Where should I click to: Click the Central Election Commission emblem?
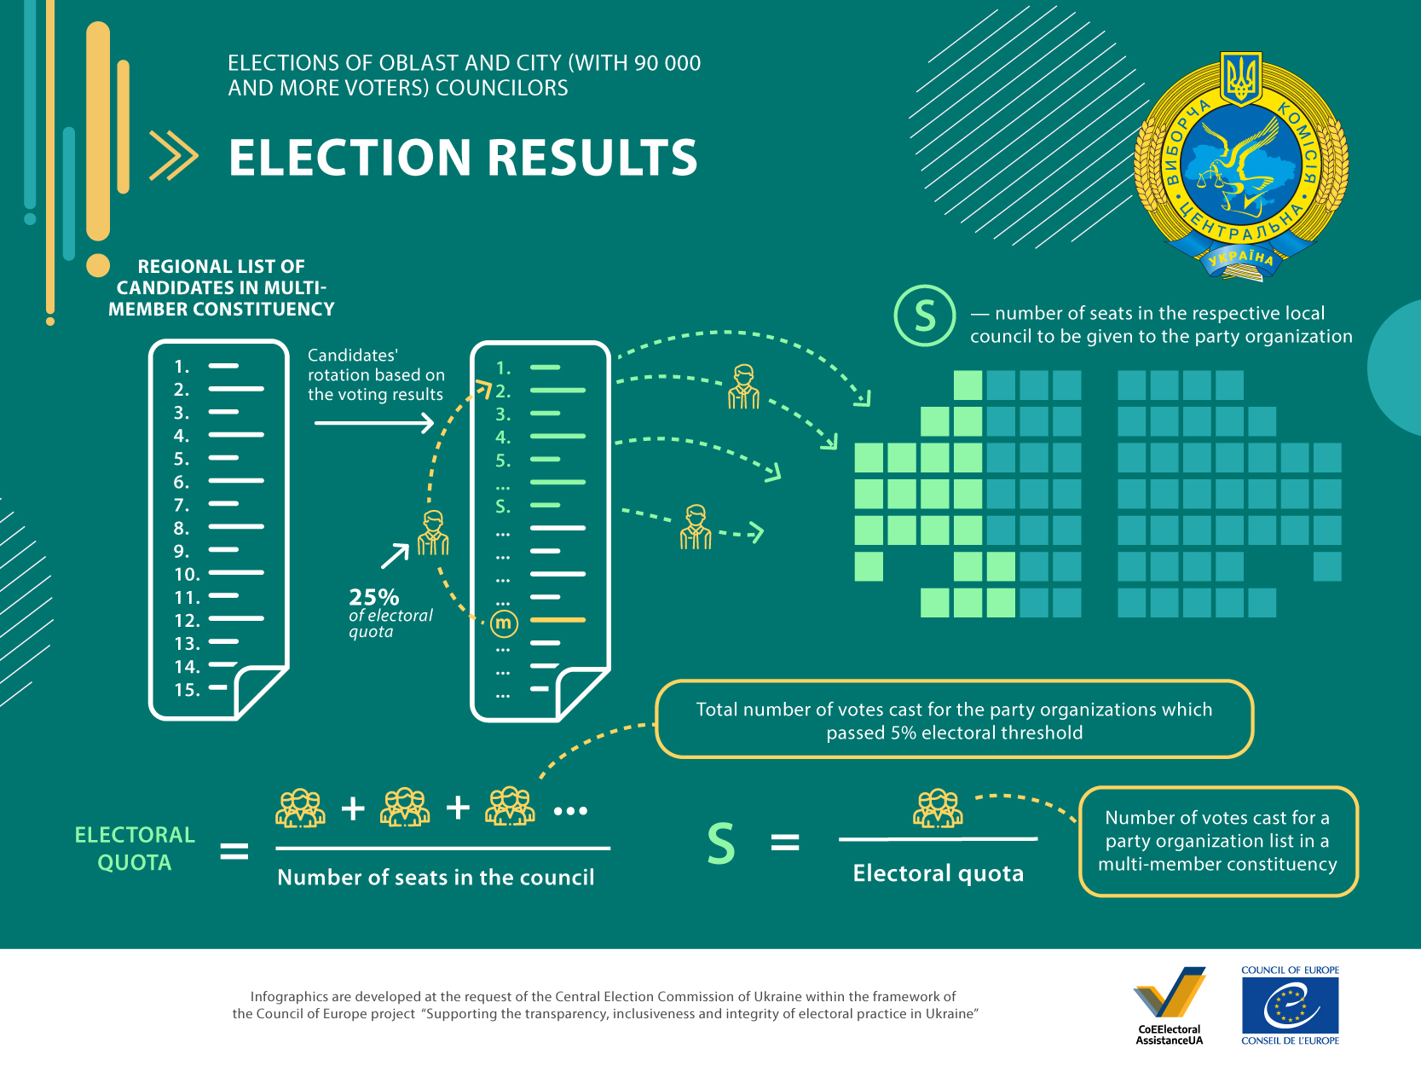point(1241,166)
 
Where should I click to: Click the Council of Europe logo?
point(1290,1005)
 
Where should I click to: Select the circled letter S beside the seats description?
point(924,316)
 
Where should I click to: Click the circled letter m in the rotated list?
point(503,623)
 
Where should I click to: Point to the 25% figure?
point(373,596)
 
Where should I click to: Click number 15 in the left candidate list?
point(187,690)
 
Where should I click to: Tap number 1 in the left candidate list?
point(182,368)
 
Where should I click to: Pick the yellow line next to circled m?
point(557,620)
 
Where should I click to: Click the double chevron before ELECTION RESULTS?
point(174,155)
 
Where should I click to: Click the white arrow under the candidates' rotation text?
point(374,423)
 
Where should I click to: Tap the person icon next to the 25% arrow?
point(433,533)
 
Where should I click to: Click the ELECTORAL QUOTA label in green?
point(135,849)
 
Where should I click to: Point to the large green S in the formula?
point(720,843)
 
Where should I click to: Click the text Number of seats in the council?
point(436,877)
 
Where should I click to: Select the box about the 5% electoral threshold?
point(954,720)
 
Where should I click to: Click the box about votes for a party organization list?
point(1218,841)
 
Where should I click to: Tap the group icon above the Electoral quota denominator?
point(938,808)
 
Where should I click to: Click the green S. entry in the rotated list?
point(502,507)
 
